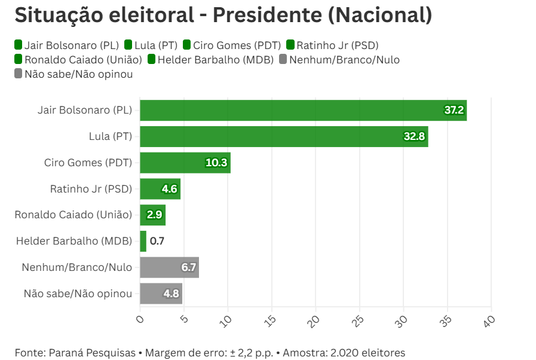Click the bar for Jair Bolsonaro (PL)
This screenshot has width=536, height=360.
303,111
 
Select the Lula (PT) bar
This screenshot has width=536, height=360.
284,136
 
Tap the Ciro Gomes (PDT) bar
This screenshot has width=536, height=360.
185,163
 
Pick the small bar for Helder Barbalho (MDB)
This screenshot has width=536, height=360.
143,241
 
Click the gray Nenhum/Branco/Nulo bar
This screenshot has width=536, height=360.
169,267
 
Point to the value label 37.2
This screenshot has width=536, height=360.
454,111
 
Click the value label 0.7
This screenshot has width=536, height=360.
157,241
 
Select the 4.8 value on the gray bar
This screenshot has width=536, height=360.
171,294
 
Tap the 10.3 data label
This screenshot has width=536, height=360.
216,163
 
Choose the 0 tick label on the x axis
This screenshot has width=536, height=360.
140,319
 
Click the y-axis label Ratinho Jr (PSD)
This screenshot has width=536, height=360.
91,189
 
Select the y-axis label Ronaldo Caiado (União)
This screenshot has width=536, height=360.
73,215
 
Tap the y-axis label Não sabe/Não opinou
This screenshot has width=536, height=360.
78,294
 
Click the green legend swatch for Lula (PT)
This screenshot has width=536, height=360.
128,45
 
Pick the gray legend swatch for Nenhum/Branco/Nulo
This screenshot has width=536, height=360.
283,59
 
